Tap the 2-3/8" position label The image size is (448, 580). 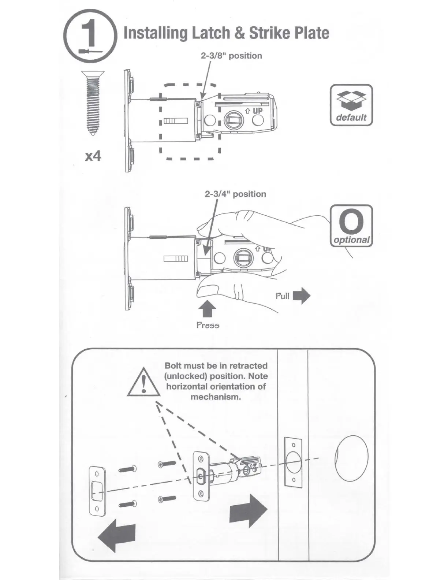pos(231,56)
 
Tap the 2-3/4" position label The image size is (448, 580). pos(235,194)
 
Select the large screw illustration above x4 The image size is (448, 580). pos(93,103)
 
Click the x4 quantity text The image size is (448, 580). pos(93,156)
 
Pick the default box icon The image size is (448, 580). pos(351,105)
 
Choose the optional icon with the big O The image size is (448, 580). pos(351,226)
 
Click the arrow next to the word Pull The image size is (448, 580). pos(302,296)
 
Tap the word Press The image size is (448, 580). pos(208,325)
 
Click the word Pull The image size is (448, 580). pos(282,296)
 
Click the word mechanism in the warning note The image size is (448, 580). pos(216,397)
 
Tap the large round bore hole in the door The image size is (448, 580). pos(351,458)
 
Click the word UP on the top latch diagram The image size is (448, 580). pos(258,111)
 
